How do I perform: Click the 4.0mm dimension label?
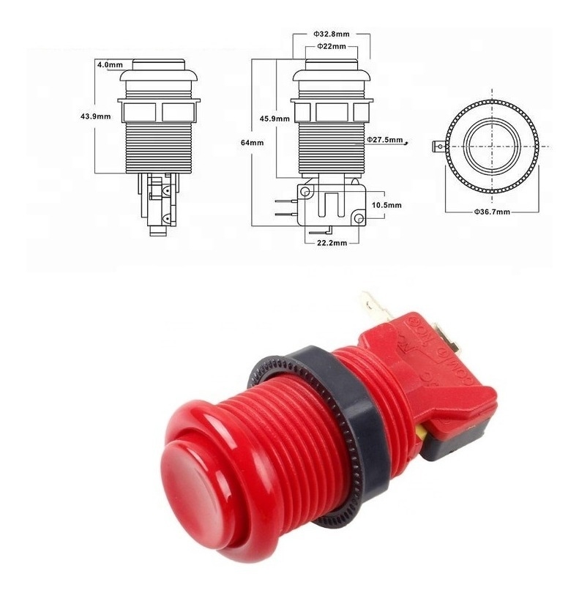(108, 64)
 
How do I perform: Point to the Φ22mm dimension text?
(330, 47)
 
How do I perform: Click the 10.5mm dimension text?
(387, 206)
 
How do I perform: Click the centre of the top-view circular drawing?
(491, 145)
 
